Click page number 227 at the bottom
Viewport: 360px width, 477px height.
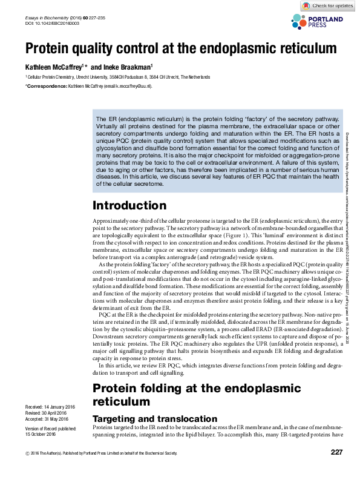(x=336, y=469)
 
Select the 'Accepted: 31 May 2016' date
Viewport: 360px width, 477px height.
(x=47, y=419)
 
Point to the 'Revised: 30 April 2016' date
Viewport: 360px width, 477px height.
(x=46, y=412)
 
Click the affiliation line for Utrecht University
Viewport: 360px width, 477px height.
(x=118, y=77)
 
